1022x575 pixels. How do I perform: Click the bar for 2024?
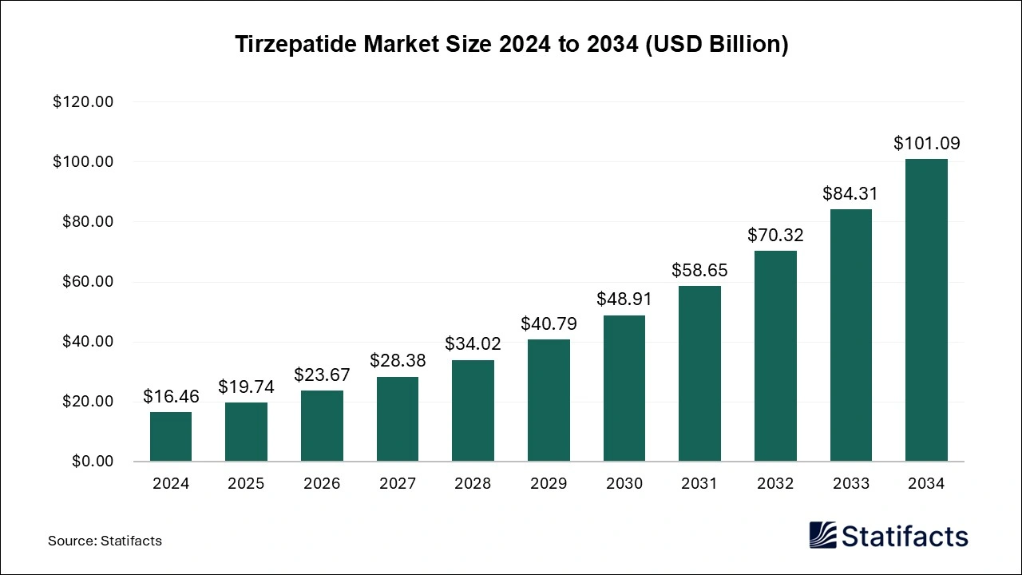pyautogui.click(x=171, y=437)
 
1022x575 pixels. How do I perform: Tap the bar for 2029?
pyautogui.click(x=549, y=400)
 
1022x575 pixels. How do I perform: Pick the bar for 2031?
pyautogui.click(x=699, y=373)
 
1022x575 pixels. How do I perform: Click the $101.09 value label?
pyautogui.click(x=926, y=144)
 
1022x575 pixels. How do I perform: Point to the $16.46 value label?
pyautogui.click(x=171, y=396)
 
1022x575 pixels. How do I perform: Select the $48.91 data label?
pyautogui.click(x=624, y=299)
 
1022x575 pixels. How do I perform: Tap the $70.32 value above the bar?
pyautogui.click(x=775, y=235)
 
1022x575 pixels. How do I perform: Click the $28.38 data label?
pyautogui.click(x=398, y=360)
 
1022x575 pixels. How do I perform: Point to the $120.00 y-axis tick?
pyautogui.click(x=83, y=102)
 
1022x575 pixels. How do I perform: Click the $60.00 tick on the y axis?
pyautogui.click(x=87, y=282)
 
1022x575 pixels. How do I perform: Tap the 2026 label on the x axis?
pyautogui.click(x=322, y=484)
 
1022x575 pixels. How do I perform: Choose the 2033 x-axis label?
pyautogui.click(x=850, y=484)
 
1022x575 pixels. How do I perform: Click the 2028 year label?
pyautogui.click(x=473, y=484)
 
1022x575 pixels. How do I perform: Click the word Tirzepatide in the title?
pyautogui.click(x=296, y=45)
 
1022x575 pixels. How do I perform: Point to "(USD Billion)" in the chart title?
pyautogui.click(x=716, y=45)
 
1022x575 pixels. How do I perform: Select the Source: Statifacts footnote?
pyautogui.click(x=105, y=541)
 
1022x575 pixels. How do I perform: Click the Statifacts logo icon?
pyautogui.click(x=822, y=535)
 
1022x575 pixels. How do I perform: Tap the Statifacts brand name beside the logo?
pyautogui.click(x=905, y=535)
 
